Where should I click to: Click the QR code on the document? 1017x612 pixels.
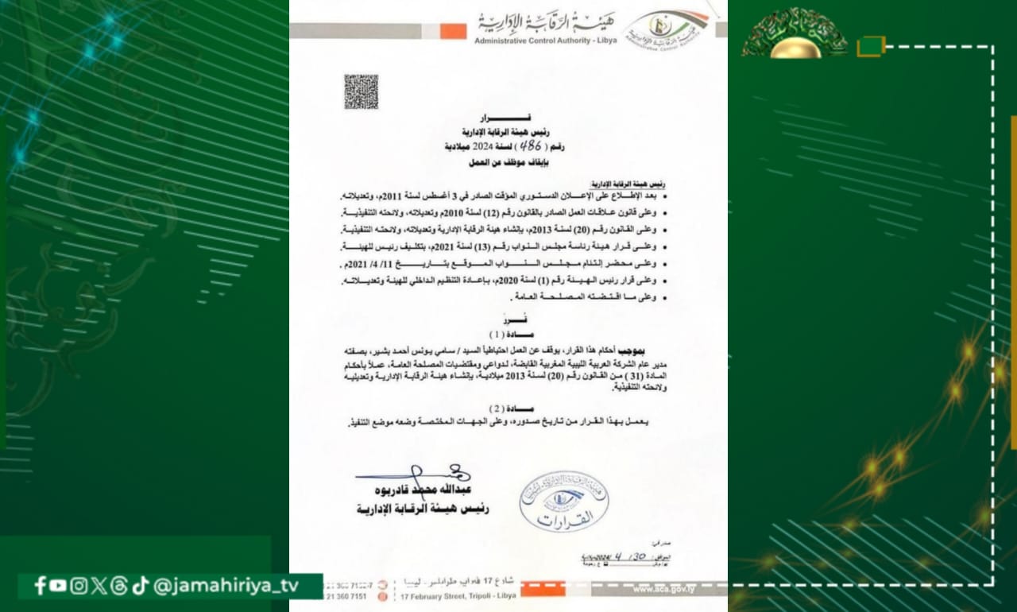coord(361,91)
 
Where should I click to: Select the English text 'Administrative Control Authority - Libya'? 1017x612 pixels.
coord(545,40)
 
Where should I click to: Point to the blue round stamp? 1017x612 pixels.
coord(563,501)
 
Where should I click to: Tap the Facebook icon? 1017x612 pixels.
coord(40,586)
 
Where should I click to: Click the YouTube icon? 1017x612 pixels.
coord(58,586)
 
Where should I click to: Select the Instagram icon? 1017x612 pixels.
coord(79,586)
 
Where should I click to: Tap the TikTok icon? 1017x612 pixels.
coord(141,586)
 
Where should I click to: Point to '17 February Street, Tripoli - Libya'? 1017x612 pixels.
coord(458,595)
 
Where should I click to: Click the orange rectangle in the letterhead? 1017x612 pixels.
coord(453,30)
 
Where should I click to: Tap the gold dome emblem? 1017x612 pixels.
coord(795,36)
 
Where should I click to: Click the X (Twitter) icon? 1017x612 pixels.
coord(99,586)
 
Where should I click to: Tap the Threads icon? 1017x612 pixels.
coord(119,586)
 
